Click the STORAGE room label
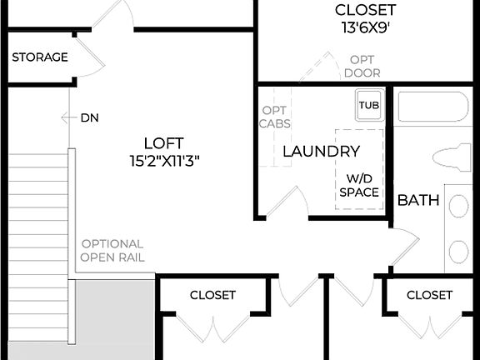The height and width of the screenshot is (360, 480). pos(39,57)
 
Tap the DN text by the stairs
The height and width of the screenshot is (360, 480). pos(90,117)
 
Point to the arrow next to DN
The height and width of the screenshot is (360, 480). pos(67,117)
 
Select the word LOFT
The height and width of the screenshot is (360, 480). pos(163,142)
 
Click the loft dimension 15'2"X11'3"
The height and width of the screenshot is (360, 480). pos(163,159)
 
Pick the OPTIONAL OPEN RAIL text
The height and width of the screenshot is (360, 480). pos(112,250)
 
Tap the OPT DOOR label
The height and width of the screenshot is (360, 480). pos(362,66)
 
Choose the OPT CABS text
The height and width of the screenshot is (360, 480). pos(275,117)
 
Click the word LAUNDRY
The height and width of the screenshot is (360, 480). pos(321,152)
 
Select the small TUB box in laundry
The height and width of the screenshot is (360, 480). pos(368,106)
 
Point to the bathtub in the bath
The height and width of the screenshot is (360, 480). pos(433,108)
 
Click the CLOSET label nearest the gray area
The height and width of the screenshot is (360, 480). pos(212,295)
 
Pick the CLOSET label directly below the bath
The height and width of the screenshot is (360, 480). pos(429,295)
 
